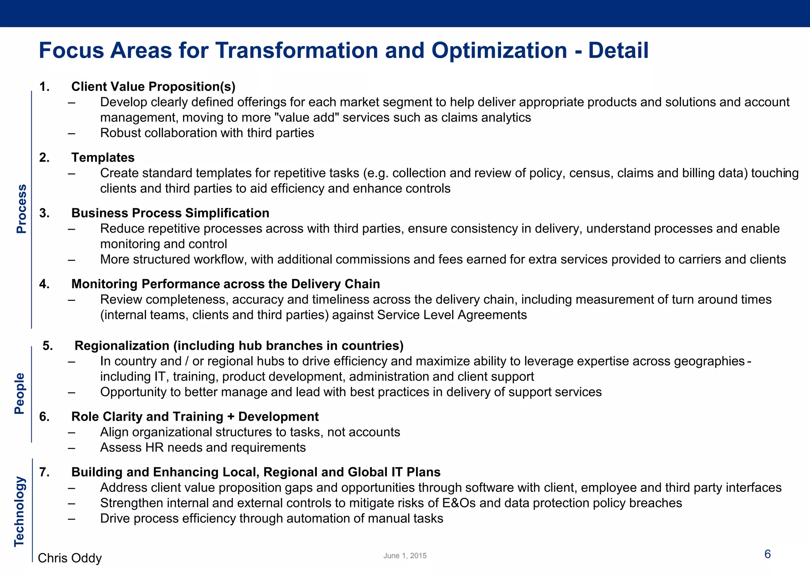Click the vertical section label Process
[21, 209]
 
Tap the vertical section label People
[19, 393]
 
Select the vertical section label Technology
[19, 512]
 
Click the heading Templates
[103, 157]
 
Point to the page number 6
[767, 554]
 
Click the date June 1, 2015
[405, 555]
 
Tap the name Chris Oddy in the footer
[70, 558]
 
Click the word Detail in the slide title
[618, 51]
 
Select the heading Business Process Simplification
[170, 213]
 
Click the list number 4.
[44, 284]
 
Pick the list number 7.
[44, 472]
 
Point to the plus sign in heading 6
[231, 417]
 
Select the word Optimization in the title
[499, 51]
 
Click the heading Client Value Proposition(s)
[153, 86]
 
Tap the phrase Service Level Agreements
[452, 315]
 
